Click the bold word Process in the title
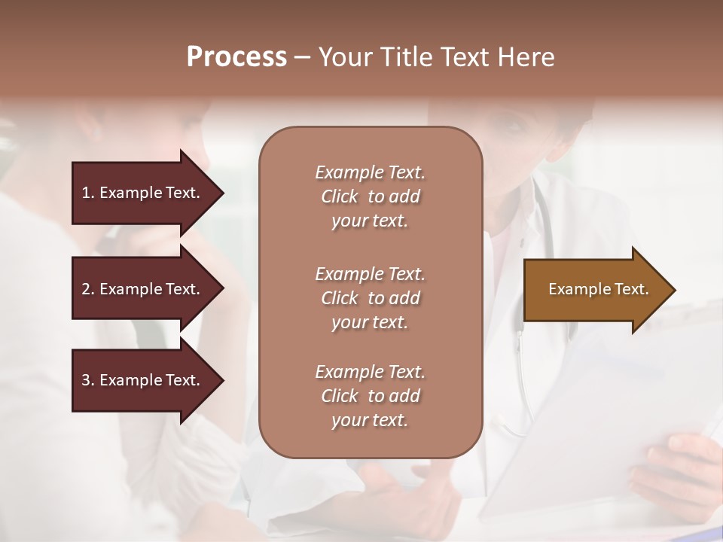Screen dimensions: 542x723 (x=236, y=57)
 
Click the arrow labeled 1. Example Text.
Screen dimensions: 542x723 (x=143, y=193)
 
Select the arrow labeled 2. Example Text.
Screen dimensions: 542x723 (x=143, y=289)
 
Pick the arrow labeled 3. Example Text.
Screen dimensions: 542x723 (x=143, y=380)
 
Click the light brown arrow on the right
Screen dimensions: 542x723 (x=595, y=290)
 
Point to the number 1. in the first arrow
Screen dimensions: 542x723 (x=88, y=193)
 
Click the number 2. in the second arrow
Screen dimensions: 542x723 (x=88, y=289)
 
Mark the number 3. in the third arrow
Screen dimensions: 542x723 (x=88, y=380)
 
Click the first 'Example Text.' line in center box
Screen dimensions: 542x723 (x=370, y=172)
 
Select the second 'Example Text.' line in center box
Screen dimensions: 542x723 (x=370, y=274)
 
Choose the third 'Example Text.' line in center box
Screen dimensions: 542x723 (x=370, y=372)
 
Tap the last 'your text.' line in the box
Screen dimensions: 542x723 (x=370, y=421)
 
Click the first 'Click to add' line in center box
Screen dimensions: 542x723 (x=370, y=196)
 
